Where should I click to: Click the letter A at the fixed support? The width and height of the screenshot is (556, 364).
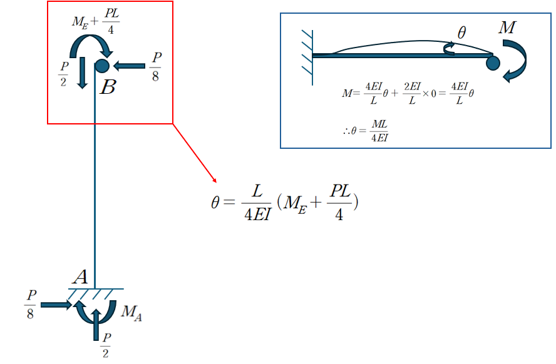point(80,277)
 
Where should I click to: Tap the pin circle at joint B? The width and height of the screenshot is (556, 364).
point(103,65)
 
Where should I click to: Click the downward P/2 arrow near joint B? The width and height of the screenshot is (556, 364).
point(81,72)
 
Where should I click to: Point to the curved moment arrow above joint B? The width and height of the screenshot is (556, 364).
point(90,46)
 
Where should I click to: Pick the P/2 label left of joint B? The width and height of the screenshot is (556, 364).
point(64,73)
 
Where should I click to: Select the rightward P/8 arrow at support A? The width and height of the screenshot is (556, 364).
point(56,305)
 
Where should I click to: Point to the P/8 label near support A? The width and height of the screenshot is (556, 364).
point(30,305)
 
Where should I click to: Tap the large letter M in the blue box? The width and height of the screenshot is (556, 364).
point(508,28)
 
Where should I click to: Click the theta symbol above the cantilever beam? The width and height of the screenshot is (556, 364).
point(461,33)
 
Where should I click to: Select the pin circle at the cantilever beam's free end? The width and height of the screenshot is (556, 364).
point(493,62)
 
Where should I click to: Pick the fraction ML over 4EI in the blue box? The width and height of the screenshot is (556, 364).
point(379,131)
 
